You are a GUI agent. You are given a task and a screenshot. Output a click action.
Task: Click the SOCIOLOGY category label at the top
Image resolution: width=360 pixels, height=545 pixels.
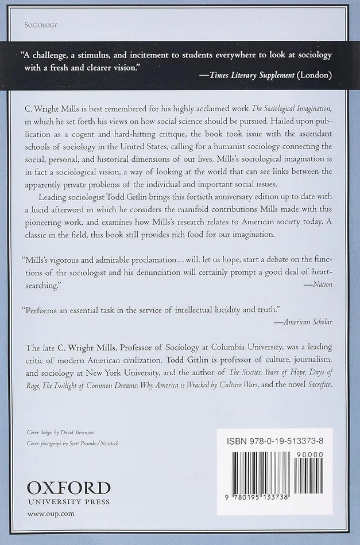point(42,25)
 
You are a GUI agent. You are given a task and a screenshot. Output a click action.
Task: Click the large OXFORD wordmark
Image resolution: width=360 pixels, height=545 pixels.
point(68,488)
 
